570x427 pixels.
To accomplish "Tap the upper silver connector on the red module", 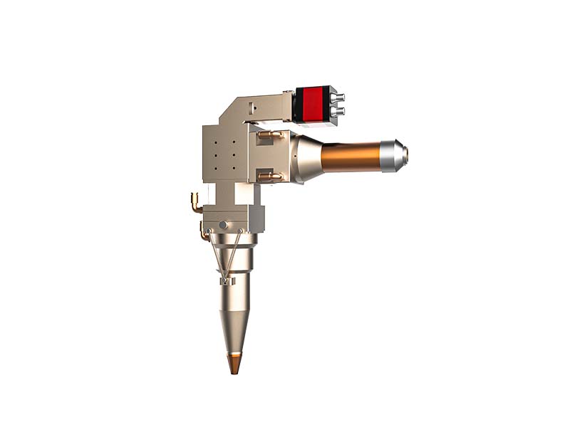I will [339, 97].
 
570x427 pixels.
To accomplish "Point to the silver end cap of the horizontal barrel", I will [393, 155].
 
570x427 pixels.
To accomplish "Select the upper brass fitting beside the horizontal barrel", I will [269, 134].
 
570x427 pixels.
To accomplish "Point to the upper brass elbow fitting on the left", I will [194, 201].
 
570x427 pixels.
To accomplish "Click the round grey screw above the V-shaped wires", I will [224, 225].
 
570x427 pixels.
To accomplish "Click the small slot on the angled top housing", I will [252, 109].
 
